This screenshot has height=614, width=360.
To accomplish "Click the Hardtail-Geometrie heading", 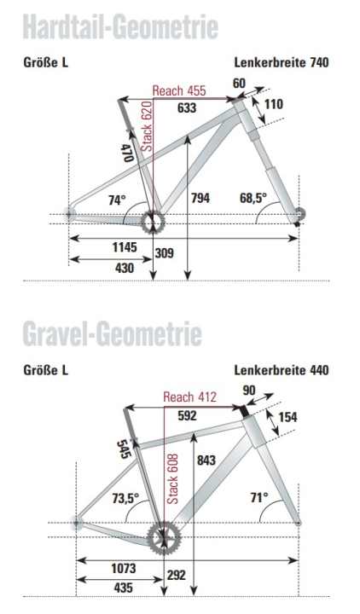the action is pyautogui.click(x=119, y=26).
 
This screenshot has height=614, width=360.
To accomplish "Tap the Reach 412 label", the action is pyautogui.click(x=189, y=398).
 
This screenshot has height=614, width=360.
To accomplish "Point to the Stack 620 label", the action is pyautogui.click(x=146, y=127).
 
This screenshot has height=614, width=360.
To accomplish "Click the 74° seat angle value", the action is pyautogui.click(x=117, y=200).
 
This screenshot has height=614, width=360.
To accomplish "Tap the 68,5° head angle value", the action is pyautogui.click(x=253, y=199).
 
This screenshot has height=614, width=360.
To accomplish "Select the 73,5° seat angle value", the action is pyautogui.click(x=125, y=499).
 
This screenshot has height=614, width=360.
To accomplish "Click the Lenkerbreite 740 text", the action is pyautogui.click(x=282, y=62).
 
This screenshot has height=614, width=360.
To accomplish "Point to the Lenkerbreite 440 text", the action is pyautogui.click(x=282, y=370).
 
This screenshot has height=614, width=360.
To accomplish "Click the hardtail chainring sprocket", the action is pyautogui.click(x=152, y=222).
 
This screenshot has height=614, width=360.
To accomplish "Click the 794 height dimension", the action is pyautogui.click(x=200, y=199).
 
